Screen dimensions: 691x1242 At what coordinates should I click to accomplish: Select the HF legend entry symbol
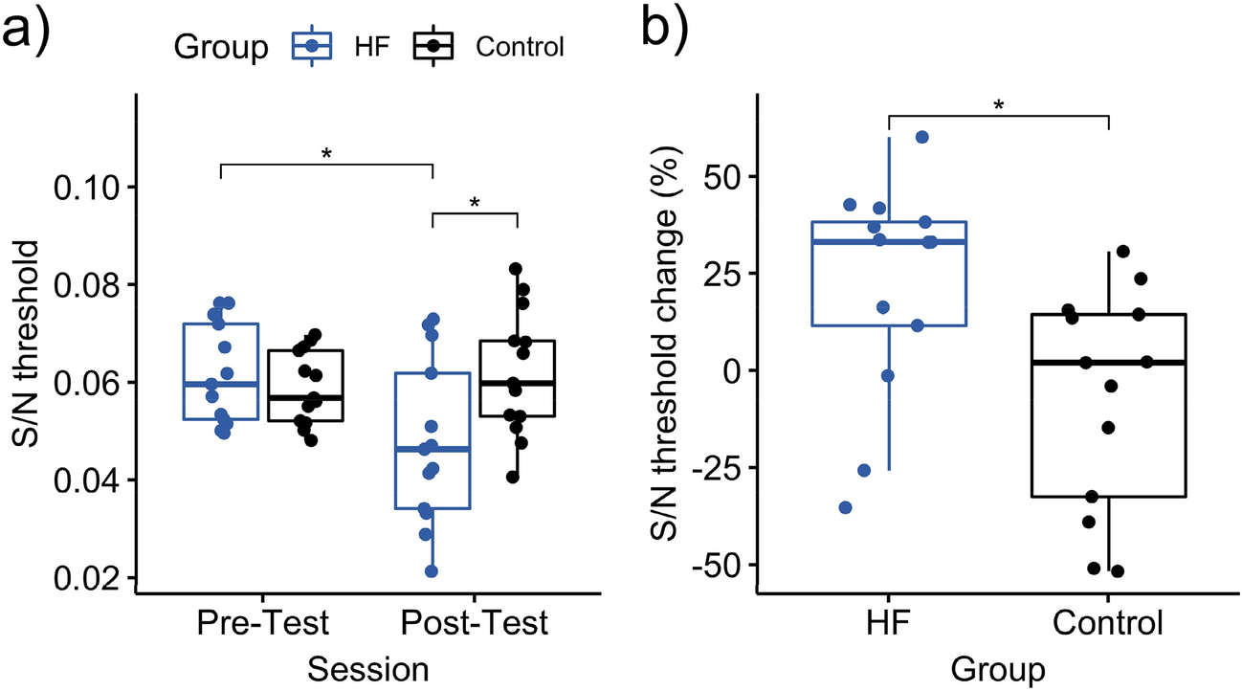click(x=311, y=45)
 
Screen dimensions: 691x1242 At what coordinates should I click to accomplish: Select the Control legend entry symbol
click(x=435, y=45)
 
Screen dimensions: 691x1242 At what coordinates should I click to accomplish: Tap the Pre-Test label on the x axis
click(x=262, y=624)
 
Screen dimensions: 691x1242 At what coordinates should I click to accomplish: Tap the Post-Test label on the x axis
click(x=474, y=624)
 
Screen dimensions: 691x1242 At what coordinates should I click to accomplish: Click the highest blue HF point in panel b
click(x=922, y=137)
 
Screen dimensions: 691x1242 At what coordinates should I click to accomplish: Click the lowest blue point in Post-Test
click(x=432, y=571)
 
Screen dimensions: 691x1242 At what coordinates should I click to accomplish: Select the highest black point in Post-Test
click(x=516, y=269)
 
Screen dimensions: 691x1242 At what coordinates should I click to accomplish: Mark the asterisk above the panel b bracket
click(x=998, y=104)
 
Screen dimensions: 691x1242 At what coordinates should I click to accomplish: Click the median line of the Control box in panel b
click(x=1108, y=363)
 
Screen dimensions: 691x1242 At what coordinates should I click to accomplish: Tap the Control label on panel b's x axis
click(x=1108, y=624)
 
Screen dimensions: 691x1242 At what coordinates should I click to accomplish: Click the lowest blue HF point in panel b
click(x=846, y=507)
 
